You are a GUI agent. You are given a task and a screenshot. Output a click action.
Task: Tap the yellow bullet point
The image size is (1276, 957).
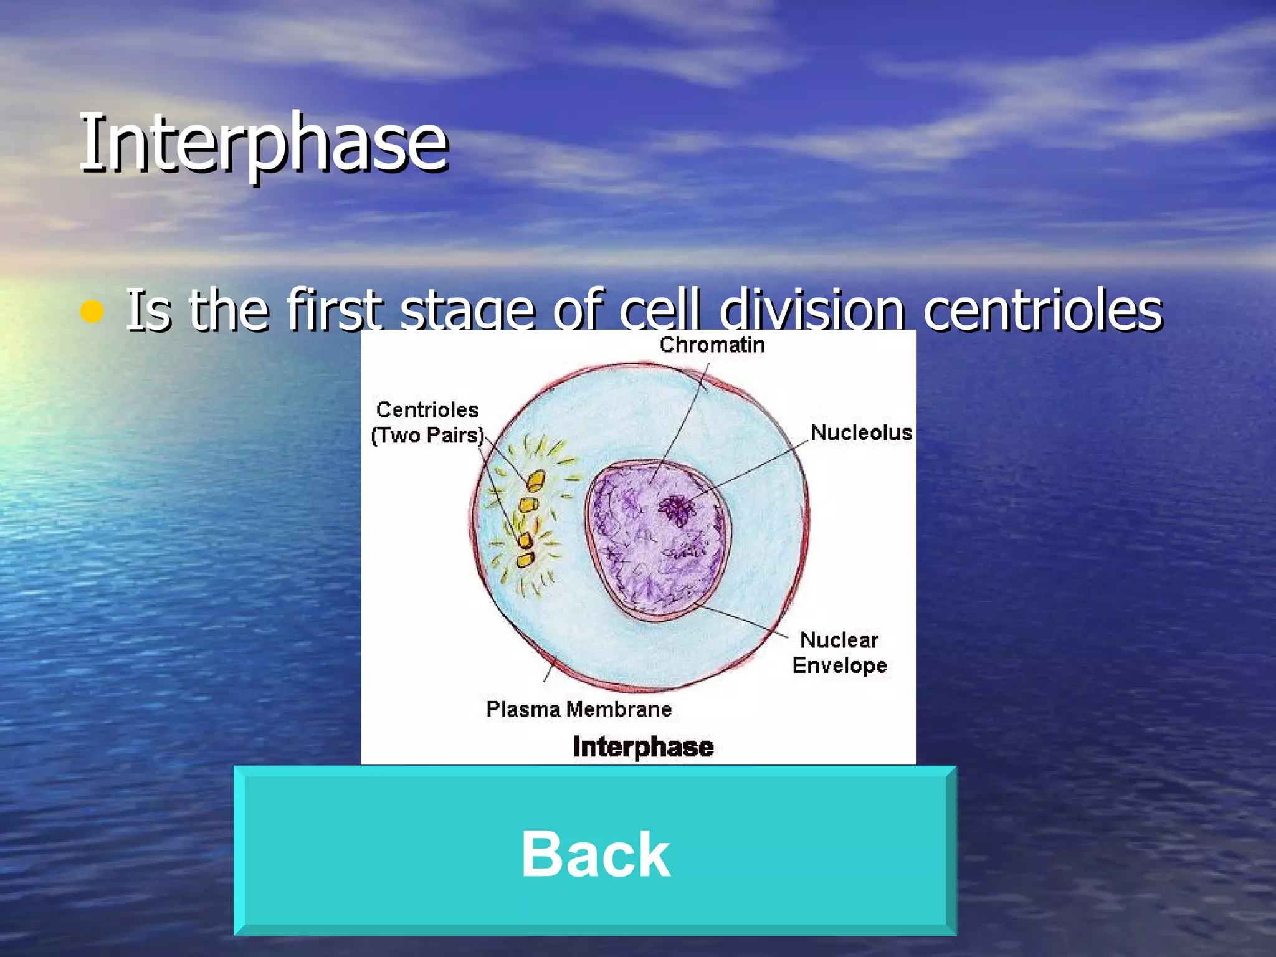pos(92,311)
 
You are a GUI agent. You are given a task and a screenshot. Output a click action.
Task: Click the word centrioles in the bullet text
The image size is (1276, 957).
pos(1042,310)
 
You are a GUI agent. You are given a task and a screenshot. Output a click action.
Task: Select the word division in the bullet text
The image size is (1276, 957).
pos(812,310)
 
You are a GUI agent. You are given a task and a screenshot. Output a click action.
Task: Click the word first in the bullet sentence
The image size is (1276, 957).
pos(334,310)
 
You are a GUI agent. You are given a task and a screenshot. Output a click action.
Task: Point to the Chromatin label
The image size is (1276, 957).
pos(712,345)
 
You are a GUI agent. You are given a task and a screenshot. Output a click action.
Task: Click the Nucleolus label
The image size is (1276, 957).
pos(861,432)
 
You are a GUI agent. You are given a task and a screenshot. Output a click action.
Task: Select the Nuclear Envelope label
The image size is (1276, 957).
pos(839,652)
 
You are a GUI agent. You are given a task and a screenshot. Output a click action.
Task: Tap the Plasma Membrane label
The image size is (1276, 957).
pos(578,709)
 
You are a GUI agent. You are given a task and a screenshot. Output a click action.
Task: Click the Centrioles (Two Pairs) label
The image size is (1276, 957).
pos(427,422)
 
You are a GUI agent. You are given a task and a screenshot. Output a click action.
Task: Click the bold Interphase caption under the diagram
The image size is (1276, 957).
pos(642,746)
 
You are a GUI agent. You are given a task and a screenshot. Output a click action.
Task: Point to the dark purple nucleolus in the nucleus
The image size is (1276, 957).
pos(675,509)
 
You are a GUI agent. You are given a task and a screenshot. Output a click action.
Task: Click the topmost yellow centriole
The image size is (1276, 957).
pos(535,480)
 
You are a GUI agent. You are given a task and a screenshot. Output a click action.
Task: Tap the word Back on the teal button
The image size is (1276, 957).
pos(595,854)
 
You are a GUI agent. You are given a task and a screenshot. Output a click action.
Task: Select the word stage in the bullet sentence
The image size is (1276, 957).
pos(467,310)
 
